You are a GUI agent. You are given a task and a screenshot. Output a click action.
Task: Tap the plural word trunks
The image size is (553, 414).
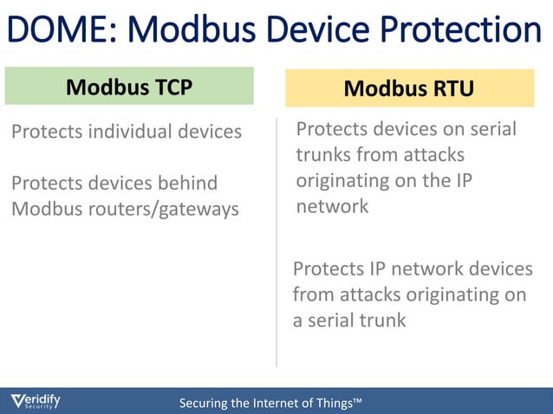[x=328, y=155]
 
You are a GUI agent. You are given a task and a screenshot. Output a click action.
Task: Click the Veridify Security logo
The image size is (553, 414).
[x=36, y=401]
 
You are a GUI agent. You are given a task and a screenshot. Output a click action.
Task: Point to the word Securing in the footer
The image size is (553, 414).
[x=205, y=404]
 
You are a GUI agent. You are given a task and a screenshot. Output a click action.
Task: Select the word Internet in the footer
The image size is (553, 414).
[x=276, y=404]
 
